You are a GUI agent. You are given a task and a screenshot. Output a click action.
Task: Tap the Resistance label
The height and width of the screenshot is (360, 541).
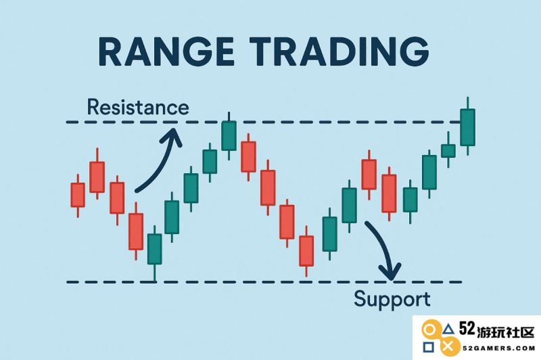138,107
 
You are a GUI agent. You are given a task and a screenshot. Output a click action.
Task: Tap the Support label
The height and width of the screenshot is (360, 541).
392,299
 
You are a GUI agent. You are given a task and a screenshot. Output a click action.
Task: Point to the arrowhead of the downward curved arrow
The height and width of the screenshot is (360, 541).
391,271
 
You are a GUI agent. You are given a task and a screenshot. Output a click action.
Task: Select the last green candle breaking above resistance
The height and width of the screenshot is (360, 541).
467,127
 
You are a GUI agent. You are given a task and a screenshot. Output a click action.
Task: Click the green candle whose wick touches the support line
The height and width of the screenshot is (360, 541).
154,249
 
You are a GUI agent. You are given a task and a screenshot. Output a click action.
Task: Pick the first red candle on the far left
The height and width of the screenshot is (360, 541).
78,195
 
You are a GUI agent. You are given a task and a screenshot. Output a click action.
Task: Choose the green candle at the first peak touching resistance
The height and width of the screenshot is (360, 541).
229,135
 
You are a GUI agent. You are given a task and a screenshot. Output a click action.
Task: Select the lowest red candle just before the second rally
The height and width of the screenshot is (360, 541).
306,251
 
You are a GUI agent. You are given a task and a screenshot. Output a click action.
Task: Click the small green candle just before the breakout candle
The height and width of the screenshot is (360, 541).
448,151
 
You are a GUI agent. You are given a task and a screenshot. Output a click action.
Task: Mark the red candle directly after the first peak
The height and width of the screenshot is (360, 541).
248,156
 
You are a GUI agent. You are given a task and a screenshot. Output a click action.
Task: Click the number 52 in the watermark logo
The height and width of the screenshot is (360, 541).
467,329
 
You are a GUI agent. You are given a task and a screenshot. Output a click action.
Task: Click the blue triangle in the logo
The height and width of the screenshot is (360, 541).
448,329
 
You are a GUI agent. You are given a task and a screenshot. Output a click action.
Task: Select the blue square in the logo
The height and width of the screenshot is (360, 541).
429,347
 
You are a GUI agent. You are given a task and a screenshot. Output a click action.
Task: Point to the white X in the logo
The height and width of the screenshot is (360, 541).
448,346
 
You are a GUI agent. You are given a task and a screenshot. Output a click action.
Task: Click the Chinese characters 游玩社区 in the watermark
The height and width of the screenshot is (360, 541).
506,332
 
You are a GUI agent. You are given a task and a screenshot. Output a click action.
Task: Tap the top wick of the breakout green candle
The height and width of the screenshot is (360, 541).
468,104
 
